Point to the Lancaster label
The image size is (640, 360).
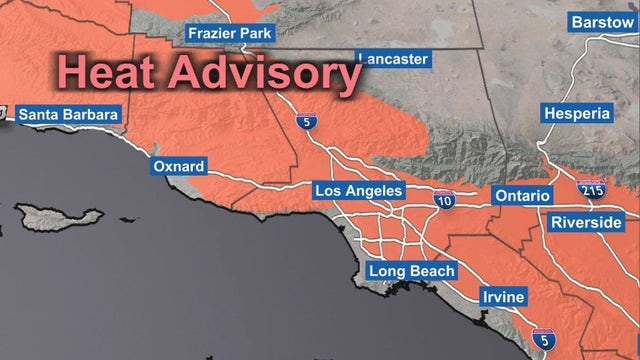tap(392, 59)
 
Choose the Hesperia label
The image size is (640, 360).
tap(577, 114)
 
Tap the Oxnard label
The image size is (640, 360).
tap(179, 166)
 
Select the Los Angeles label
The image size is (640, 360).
tap(358, 190)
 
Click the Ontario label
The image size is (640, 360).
tap(521, 195)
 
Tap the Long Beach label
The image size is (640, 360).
tap(411, 270)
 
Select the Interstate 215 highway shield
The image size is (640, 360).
tap(589, 187)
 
